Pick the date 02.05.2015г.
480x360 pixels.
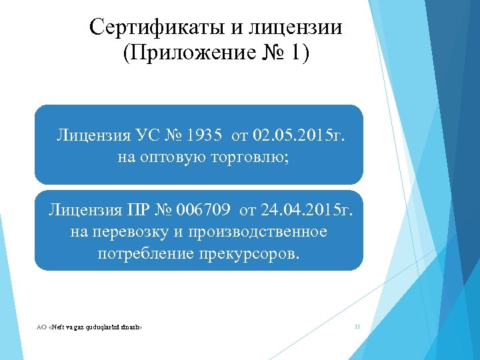click(299, 137)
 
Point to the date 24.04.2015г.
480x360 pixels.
click(307, 211)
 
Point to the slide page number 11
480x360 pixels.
click(357, 327)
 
